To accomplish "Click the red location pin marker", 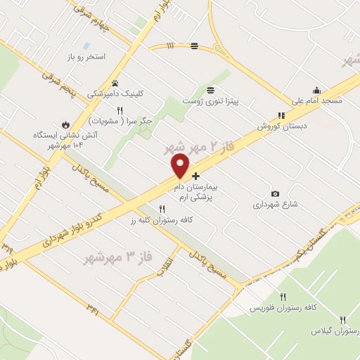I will pyautogui.click(x=180, y=166).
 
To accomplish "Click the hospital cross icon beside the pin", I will pyautogui.click(x=195, y=176).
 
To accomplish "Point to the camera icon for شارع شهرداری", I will pyautogui.click(x=275, y=193).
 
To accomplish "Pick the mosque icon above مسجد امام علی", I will pyautogui.click(x=317, y=89).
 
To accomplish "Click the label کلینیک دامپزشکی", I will pyautogui.click(x=115, y=93).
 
